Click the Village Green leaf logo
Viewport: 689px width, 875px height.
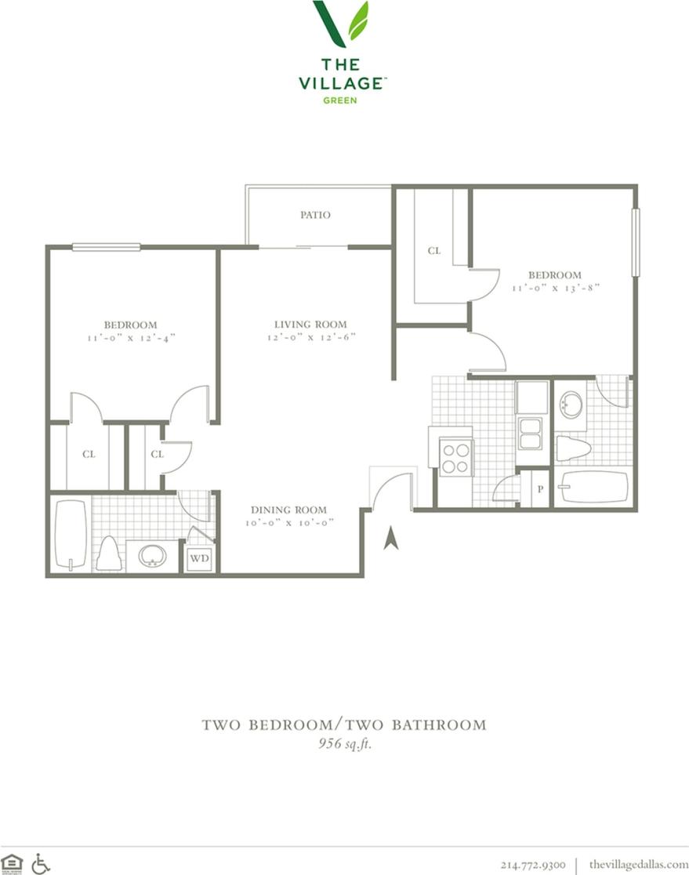tap(341, 24)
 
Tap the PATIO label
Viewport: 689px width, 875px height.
tap(315, 215)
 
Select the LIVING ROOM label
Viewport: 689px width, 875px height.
tap(310, 324)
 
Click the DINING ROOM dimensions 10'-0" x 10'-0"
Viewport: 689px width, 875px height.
tap(289, 523)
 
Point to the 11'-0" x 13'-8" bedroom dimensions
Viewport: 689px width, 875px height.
tap(555, 288)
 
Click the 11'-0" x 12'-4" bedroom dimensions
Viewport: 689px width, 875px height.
tap(131, 338)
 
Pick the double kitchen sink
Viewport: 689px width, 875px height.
tap(531, 434)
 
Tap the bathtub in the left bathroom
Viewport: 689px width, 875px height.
tap(71, 536)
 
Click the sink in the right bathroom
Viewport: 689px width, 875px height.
tap(571, 405)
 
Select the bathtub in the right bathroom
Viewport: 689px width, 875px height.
tap(593, 486)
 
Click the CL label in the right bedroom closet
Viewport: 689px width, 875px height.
tap(433, 251)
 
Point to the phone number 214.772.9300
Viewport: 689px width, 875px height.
tap(532, 864)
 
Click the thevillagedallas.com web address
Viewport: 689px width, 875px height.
tap(638, 864)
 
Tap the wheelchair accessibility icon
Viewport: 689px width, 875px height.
tap(41, 863)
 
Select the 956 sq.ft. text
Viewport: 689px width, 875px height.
tap(344, 744)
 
